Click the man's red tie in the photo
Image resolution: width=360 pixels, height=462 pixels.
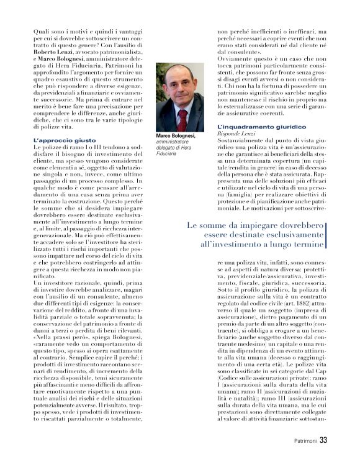point(182,115)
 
